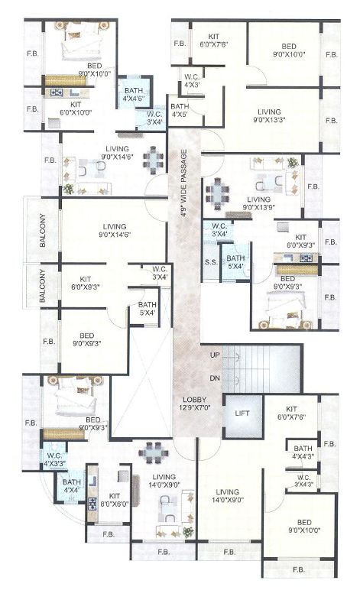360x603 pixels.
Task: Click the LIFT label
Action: point(242,413)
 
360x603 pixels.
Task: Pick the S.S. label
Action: point(211,261)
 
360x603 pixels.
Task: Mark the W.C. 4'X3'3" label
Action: point(54,459)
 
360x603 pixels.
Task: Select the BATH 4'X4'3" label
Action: point(303,452)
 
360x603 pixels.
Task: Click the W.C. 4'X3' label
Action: point(193,80)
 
